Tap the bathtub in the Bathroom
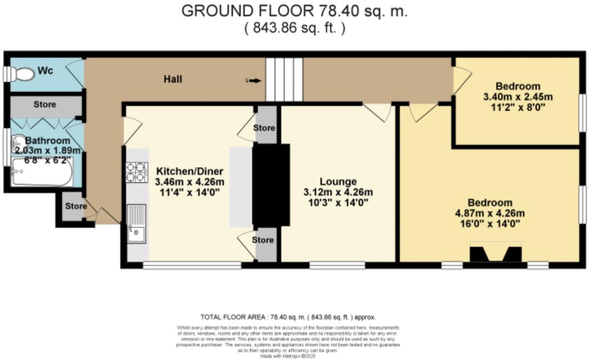[x=42, y=171]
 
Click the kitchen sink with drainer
[x=137, y=224]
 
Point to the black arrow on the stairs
[x=255, y=81]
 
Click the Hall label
[x=173, y=80]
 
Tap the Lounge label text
[x=337, y=182]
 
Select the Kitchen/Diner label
[x=190, y=171]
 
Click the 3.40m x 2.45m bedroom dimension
[x=518, y=97]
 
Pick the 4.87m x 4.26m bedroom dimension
[x=490, y=213]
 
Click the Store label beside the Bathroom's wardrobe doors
[x=45, y=105]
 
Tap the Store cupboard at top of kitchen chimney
[x=265, y=128]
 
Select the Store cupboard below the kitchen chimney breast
[x=265, y=240]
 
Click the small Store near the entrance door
[x=75, y=206]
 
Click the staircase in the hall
[x=284, y=80]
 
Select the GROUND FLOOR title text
[x=294, y=11]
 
